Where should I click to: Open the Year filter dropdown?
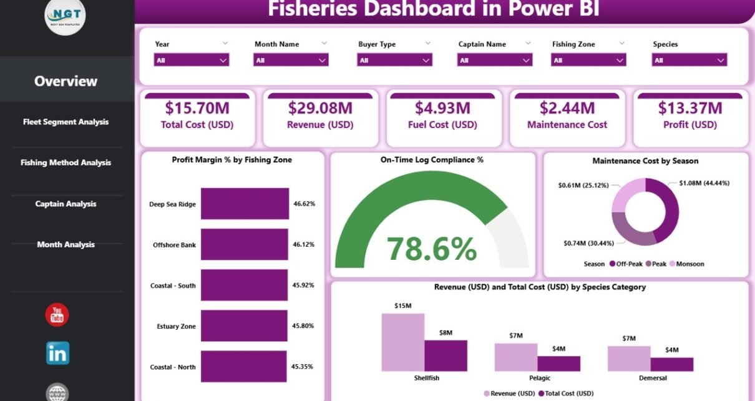pos(192,60)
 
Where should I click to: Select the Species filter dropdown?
pos(689,60)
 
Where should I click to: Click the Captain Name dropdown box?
pos(495,60)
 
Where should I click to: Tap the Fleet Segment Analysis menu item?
pos(66,122)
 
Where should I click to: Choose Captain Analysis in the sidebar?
pos(66,204)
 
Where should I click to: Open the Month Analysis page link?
pos(66,244)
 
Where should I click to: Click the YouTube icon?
pos(57,314)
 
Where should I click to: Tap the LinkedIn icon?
pos(57,353)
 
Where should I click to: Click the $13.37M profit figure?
pos(689,108)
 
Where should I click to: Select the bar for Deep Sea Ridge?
pos(245,204)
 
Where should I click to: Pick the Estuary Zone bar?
pos(244,326)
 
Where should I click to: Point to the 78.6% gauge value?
pos(432,249)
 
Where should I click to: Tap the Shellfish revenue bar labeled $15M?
pos(402,342)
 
